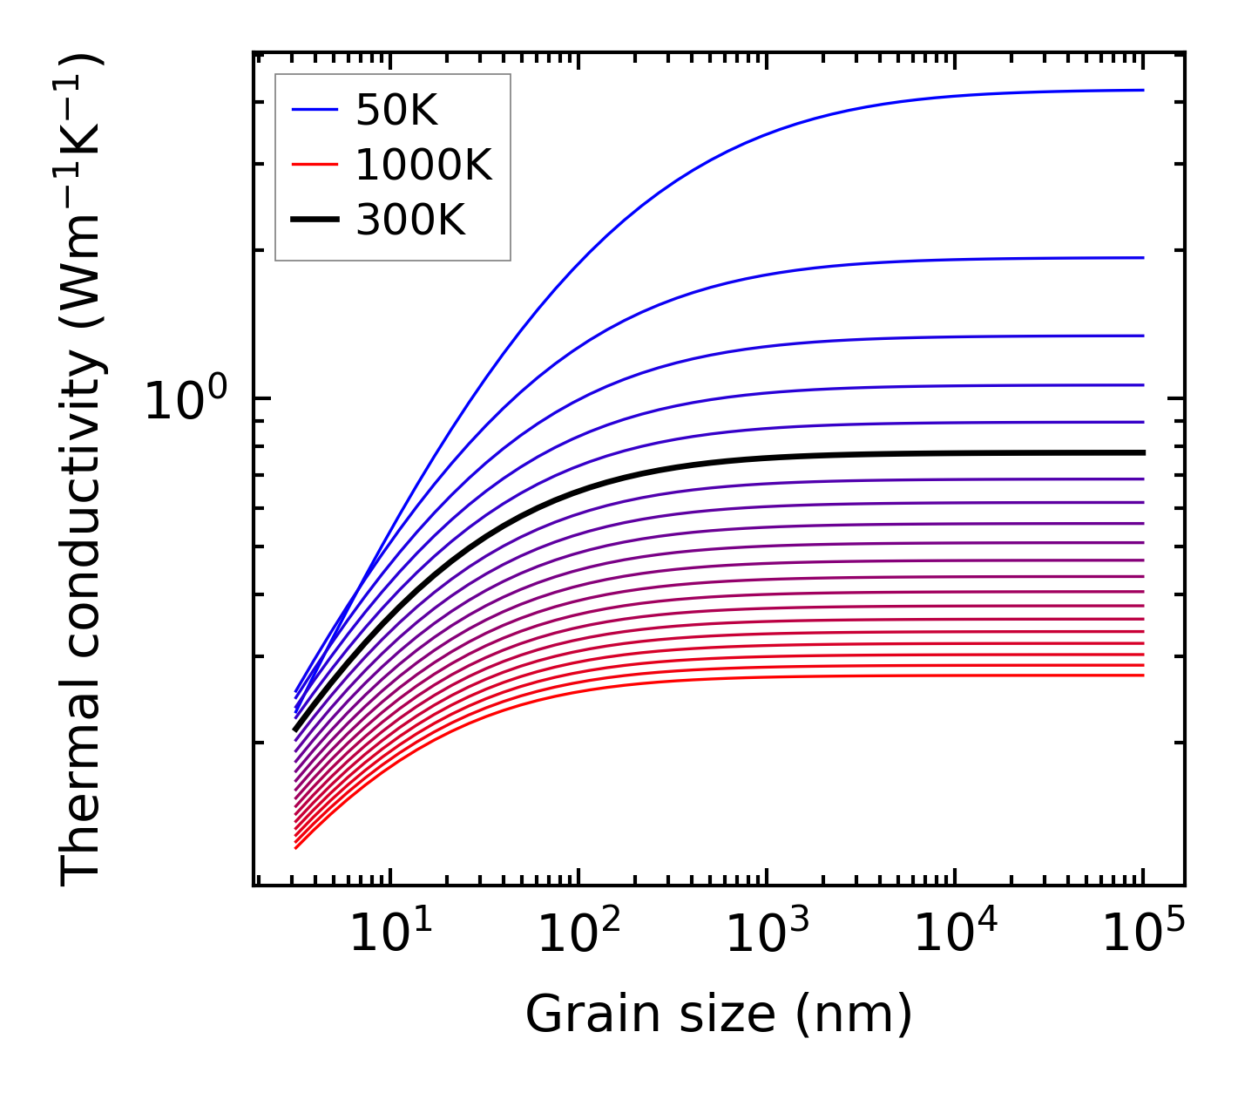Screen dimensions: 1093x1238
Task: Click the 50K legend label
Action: click(x=396, y=111)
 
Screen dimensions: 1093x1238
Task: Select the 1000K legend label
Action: click(x=423, y=165)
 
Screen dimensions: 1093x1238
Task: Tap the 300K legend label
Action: click(x=410, y=221)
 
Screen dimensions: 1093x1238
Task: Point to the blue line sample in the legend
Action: click(x=315, y=110)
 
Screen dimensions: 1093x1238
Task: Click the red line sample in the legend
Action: click(x=315, y=165)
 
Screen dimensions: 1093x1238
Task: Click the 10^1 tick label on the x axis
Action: click(x=390, y=934)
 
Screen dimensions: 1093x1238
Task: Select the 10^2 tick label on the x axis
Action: click(x=578, y=934)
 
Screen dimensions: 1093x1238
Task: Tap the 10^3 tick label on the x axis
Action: click(x=767, y=934)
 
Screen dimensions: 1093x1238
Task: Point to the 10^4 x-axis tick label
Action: click(x=955, y=934)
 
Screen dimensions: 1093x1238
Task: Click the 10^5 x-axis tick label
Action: click(x=1143, y=934)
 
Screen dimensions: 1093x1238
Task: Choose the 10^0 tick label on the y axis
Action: click(x=185, y=400)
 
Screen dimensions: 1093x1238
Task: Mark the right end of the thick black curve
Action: click(x=1143, y=452)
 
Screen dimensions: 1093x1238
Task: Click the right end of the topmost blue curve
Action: click(x=1143, y=90)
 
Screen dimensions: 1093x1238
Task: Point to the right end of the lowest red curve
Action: click(x=1143, y=675)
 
